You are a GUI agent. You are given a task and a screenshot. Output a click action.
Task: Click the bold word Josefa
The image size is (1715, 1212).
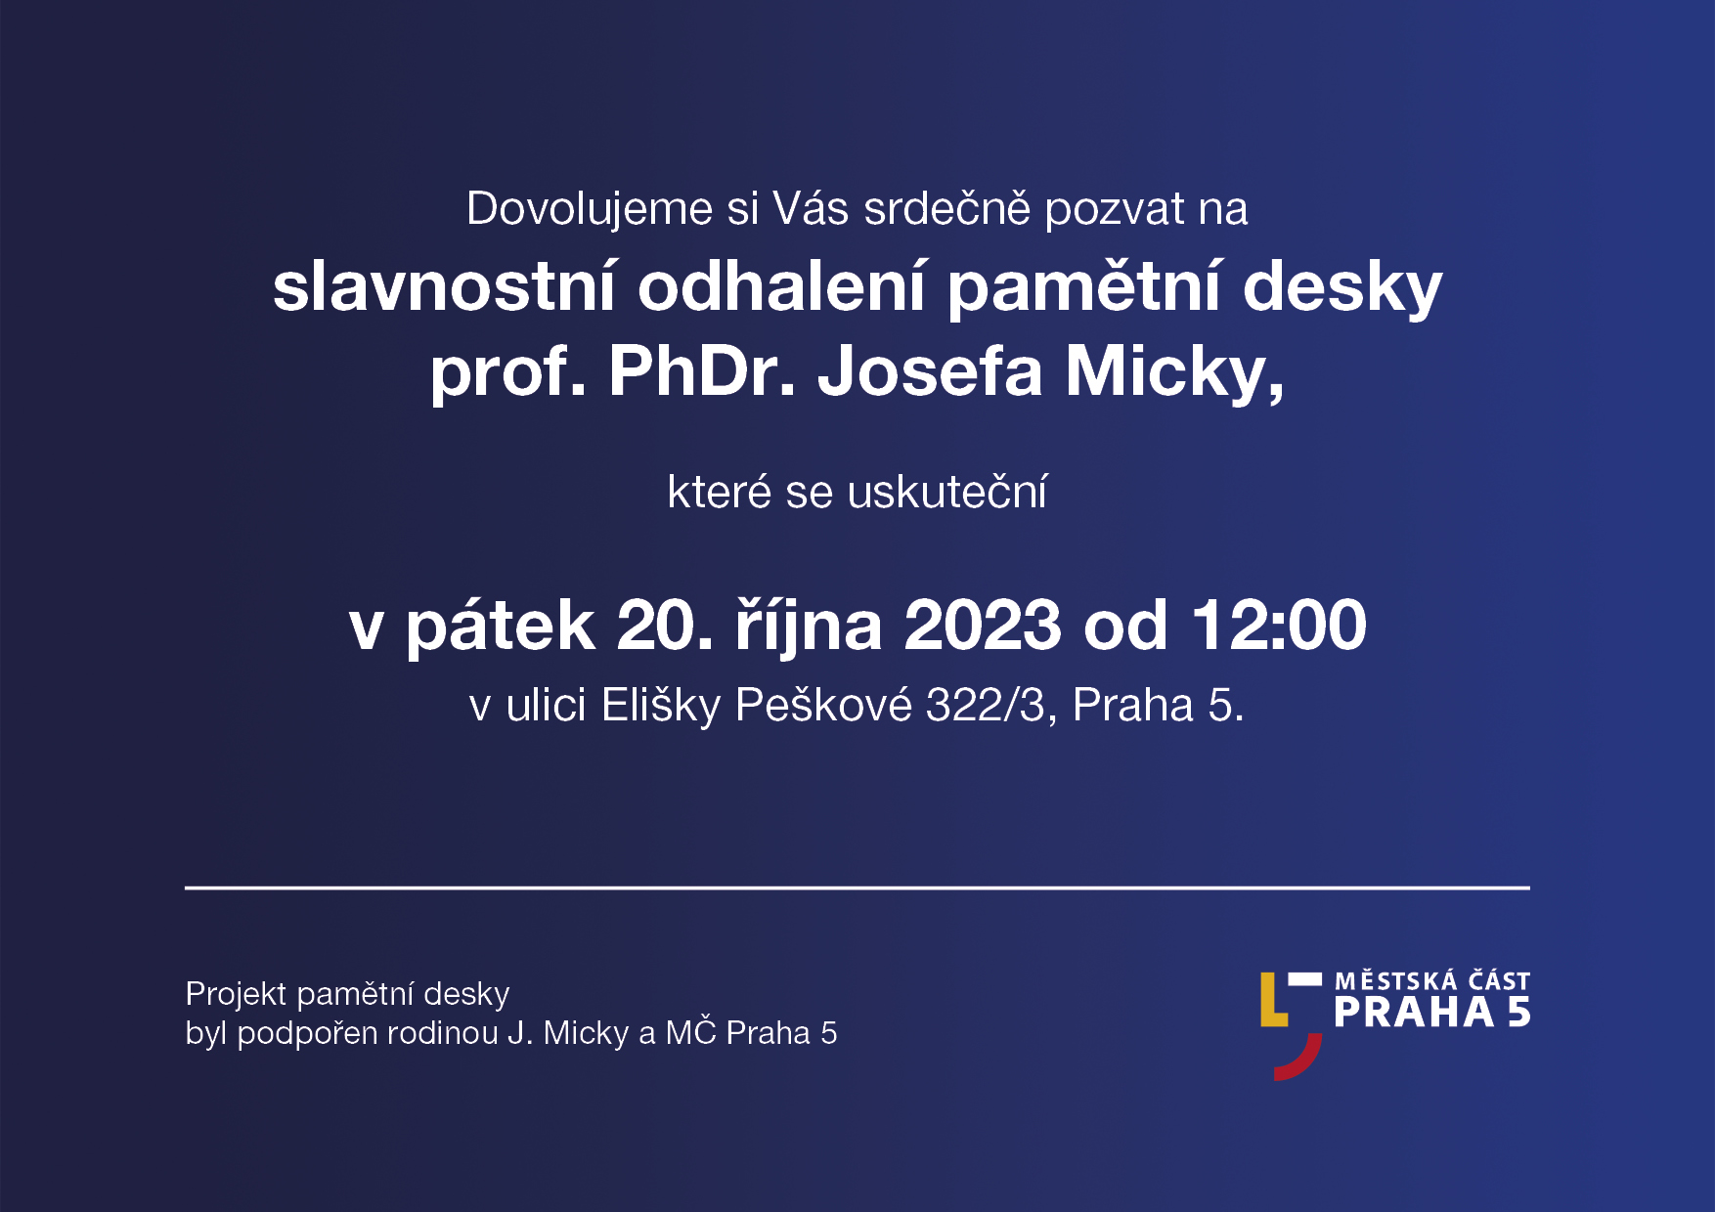[x=930, y=371]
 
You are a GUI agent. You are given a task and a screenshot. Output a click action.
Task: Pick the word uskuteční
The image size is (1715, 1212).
[x=947, y=491]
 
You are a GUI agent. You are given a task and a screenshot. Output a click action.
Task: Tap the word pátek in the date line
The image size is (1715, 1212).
[x=500, y=625]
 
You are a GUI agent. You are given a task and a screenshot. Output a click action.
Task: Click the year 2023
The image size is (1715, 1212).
[x=982, y=625]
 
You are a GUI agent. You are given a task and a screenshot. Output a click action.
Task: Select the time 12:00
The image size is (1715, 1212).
[x=1279, y=625]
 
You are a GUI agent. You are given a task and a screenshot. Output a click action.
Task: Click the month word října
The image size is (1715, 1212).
[x=809, y=626]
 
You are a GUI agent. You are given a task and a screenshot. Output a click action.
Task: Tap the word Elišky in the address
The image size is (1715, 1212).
[x=661, y=706]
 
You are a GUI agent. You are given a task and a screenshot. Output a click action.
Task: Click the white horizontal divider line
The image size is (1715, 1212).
[x=857, y=887]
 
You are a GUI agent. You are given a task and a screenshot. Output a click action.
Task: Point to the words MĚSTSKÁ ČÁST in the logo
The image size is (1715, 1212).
[x=1432, y=980]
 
